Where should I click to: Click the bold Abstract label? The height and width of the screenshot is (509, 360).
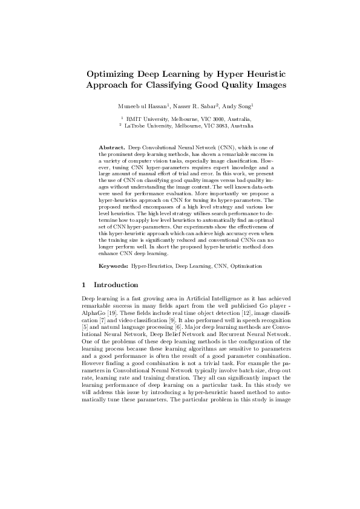coord(111,148)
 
